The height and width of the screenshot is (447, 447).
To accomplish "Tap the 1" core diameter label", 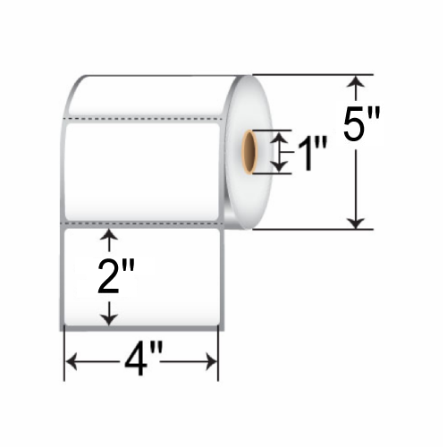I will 309,153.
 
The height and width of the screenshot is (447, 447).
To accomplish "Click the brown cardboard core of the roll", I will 250,152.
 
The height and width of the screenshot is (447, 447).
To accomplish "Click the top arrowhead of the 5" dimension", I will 357,83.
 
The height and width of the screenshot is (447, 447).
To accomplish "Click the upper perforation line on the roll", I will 143,117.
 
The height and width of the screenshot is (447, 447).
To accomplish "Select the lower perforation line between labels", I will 143,219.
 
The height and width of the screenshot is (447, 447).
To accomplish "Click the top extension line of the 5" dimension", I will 304,75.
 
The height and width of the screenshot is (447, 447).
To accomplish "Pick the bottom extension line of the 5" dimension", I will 304,230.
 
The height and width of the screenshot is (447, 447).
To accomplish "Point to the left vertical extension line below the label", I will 63,353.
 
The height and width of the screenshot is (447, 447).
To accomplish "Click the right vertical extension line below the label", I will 219,353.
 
